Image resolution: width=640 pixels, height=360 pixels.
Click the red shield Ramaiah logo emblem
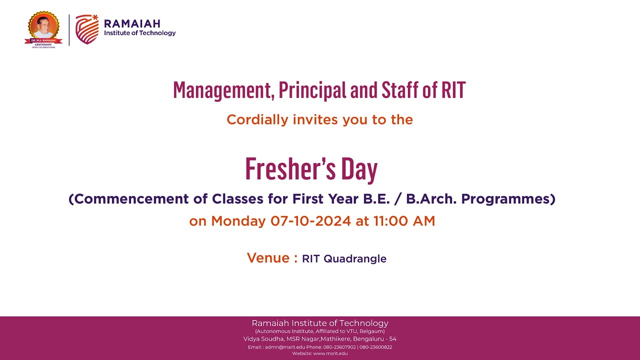[86, 29]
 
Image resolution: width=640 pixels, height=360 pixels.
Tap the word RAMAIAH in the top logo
[132, 23]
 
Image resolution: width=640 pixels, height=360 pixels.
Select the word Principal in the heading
[312, 90]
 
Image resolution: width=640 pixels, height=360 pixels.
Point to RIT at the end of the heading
[453, 90]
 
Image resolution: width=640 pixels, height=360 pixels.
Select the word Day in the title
[359, 170]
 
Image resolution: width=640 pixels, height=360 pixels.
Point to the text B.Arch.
[430, 199]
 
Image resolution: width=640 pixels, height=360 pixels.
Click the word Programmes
[507, 199]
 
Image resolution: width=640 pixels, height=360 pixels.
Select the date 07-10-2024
[310, 221]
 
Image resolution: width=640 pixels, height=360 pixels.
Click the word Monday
[238, 221]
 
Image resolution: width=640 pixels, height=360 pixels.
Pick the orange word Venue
[268, 258]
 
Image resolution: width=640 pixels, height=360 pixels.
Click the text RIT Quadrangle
[344, 259]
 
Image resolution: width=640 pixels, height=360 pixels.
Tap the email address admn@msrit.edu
[284, 347]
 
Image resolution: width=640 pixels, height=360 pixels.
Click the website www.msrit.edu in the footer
[330, 353]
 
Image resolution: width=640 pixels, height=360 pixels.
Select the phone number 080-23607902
[339, 347]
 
